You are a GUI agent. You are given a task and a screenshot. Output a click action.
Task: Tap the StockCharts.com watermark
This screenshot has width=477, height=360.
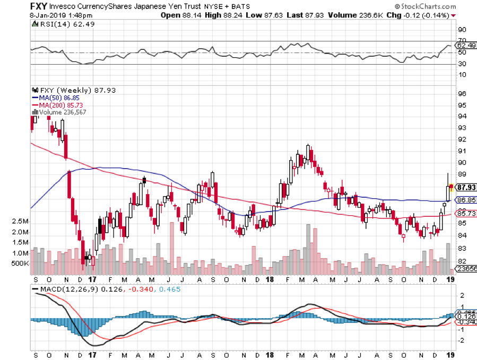433,6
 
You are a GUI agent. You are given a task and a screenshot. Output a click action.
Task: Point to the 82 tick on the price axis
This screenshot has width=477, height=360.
461,260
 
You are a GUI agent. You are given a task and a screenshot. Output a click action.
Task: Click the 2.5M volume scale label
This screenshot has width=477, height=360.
21,221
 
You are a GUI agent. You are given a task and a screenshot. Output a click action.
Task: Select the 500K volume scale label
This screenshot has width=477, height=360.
20,263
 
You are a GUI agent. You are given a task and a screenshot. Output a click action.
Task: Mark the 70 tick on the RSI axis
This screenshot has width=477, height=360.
461,41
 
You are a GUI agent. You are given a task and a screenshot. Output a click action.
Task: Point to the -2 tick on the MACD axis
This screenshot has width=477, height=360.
461,340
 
